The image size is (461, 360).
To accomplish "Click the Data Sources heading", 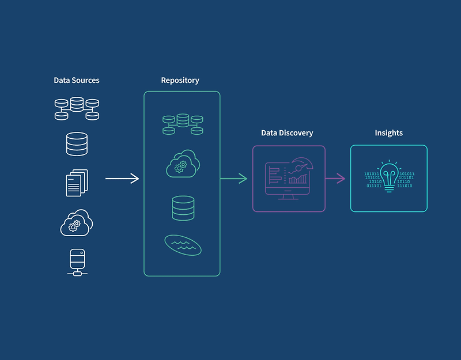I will click(77, 80).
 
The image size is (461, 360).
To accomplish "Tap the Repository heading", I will click(180, 80).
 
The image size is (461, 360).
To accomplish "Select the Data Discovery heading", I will click(287, 132).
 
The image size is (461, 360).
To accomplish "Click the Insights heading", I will click(388, 132).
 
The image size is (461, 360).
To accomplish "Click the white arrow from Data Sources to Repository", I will click(122, 179).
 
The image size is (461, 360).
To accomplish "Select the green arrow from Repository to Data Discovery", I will click(234, 179).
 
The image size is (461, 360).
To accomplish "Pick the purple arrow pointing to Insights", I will click(335, 179).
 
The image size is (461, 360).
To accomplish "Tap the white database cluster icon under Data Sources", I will click(77, 108).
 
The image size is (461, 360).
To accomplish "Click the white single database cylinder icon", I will click(77, 144).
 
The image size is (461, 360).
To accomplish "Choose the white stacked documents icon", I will click(77, 183).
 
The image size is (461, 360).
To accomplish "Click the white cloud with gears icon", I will click(77, 223).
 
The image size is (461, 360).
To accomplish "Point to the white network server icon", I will click(77, 262).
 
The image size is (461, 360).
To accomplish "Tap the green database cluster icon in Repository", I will click(183, 123).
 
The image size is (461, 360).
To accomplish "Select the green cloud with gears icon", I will click(182, 165).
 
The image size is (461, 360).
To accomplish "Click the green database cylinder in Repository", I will click(183, 208).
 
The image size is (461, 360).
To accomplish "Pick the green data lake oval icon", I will click(183, 245).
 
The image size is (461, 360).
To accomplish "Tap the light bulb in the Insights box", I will click(389, 176).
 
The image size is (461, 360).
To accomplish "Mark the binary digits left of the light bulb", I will click(373, 180).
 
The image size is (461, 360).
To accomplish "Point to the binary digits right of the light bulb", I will click(406, 180).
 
